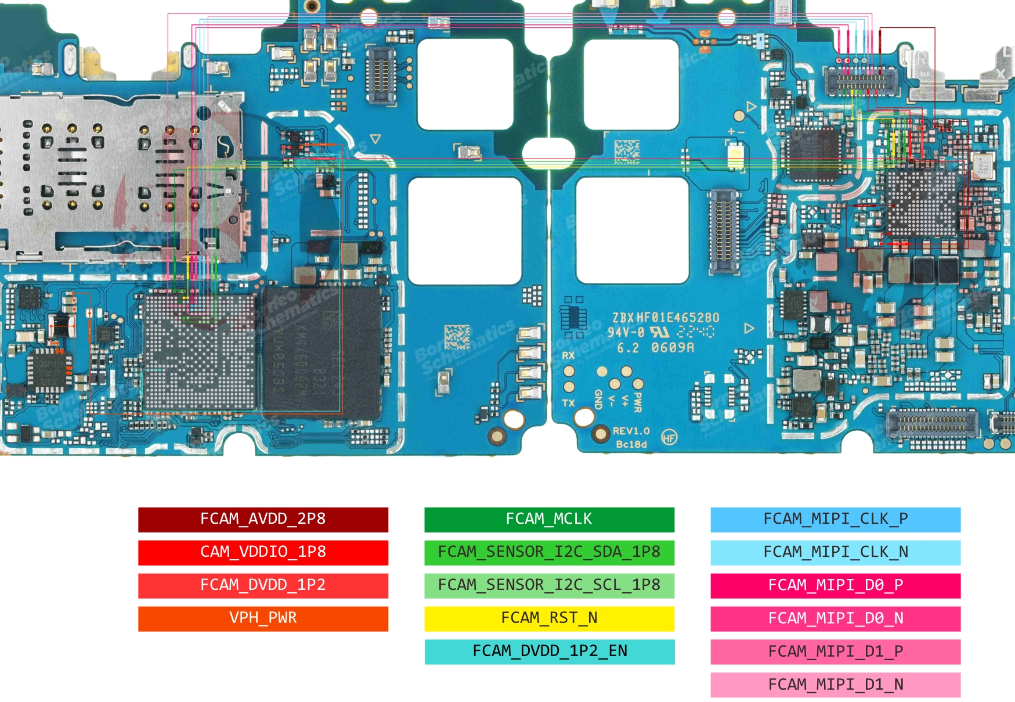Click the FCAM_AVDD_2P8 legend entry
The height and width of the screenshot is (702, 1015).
click(263, 519)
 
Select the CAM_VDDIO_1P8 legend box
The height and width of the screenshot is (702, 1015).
click(263, 552)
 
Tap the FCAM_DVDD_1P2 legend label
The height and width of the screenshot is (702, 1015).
click(263, 585)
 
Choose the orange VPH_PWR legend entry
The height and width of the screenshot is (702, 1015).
click(263, 618)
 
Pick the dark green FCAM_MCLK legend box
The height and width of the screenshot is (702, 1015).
click(549, 519)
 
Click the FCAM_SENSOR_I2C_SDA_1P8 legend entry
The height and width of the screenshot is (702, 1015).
click(549, 552)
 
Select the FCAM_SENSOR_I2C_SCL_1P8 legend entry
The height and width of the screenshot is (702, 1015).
click(549, 585)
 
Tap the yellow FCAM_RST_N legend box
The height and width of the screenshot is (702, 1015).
click(549, 618)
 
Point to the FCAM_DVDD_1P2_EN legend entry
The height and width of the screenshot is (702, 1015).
click(549, 651)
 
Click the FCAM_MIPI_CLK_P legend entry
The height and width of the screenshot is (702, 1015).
click(835, 519)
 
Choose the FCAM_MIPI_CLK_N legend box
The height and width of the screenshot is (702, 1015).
click(835, 552)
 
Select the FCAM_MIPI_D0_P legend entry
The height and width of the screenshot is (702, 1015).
click(835, 585)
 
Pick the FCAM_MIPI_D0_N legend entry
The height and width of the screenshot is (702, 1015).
click(835, 618)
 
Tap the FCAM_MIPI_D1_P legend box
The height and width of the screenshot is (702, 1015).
click(835, 651)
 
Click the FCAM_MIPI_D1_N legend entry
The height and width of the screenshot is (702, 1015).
click(835, 685)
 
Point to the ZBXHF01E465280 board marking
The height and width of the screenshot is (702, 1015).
click(666, 318)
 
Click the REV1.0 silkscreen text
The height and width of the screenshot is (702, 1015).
click(631, 431)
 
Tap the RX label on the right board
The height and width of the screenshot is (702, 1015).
click(568, 355)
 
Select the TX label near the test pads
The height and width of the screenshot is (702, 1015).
click(568, 402)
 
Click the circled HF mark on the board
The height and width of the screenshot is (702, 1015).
click(669, 438)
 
